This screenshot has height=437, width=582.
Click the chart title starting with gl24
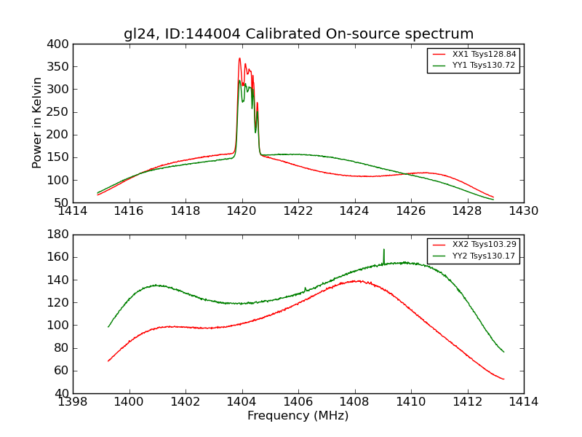coord(298,34)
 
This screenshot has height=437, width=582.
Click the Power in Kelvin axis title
coord(37,123)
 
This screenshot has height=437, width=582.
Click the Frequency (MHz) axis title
coord(298,416)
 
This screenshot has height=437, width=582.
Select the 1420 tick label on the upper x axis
coord(242,210)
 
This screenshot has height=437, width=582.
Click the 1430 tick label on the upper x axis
coord(523,210)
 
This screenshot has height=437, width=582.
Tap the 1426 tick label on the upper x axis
coord(410,210)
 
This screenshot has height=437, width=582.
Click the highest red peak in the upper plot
coord(239,59)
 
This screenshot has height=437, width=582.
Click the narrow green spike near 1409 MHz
coord(383,250)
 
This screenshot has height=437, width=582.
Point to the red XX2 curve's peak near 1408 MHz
coord(356,280)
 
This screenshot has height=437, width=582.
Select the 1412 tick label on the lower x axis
coord(467,401)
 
